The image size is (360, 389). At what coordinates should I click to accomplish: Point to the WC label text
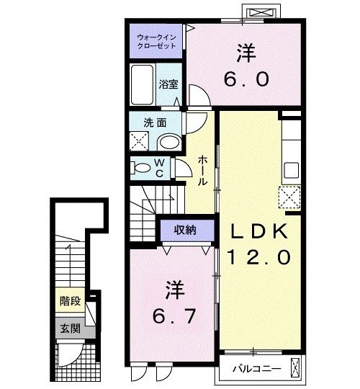[x=159, y=169]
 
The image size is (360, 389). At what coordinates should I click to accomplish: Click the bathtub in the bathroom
[x=142, y=86]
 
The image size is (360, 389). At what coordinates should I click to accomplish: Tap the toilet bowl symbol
[x=141, y=169]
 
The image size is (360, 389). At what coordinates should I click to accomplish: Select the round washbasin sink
[x=170, y=141]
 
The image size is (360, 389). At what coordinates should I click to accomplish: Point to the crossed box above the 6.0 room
[x=260, y=13]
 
